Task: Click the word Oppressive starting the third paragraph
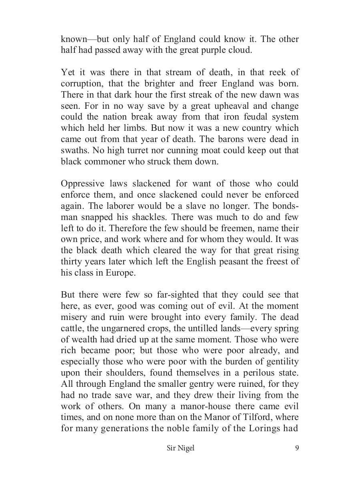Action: (x=82, y=184)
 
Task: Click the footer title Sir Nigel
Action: (x=180, y=448)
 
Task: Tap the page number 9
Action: (x=297, y=448)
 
